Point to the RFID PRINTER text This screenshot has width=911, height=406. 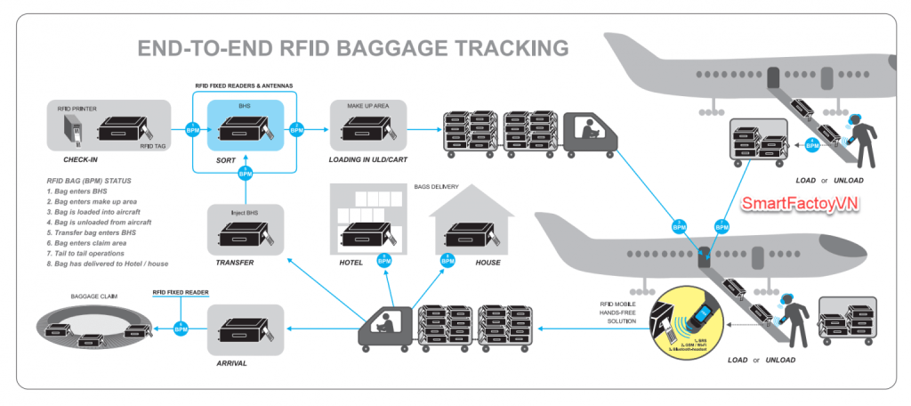coord(77,109)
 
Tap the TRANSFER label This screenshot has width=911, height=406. coord(234,263)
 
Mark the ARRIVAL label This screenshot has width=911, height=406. coord(234,363)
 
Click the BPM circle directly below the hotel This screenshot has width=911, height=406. coord(384,261)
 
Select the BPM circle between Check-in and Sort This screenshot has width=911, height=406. coord(192,129)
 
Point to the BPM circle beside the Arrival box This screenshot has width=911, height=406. coord(182,329)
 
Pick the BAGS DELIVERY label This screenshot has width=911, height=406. coord(436,187)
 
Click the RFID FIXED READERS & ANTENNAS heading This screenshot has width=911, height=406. coord(245,85)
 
